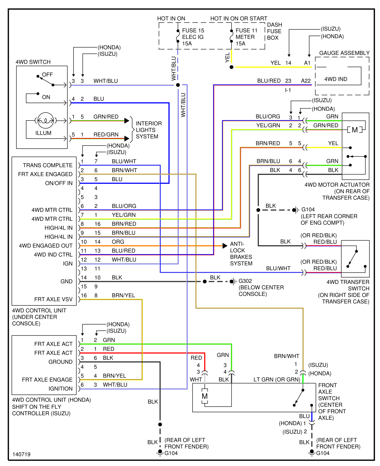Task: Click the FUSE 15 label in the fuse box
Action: [193, 31]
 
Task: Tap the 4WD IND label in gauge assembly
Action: [336, 79]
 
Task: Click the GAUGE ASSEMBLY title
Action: [344, 53]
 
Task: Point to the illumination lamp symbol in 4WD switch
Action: [46, 120]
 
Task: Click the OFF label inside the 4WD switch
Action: [47, 75]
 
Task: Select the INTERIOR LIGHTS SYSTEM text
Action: [148, 130]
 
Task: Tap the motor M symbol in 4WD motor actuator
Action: [355, 130]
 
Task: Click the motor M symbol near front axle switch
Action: [205, 396]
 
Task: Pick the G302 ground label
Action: [245, 281]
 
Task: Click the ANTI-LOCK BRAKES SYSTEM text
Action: [241, 254]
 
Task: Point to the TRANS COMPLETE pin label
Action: [48, 165]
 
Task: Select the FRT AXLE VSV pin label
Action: [53, 299]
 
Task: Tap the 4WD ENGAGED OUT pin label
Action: [46, 246]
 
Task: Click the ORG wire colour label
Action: [118, 242]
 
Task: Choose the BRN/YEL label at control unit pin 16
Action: [123, 295]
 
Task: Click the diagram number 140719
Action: [21, 454]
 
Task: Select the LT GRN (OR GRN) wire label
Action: [277, 380]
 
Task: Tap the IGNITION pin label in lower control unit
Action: [60, 389]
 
